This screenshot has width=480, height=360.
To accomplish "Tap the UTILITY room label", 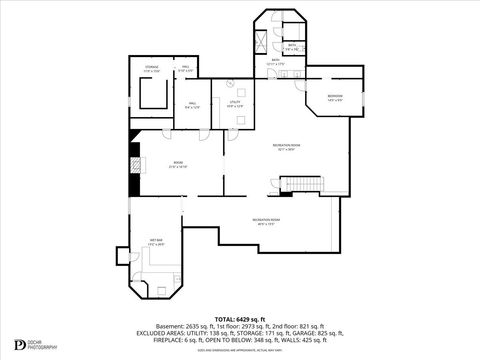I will [x=235, y=103].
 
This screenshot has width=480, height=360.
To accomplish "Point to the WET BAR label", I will [x=157, y=242].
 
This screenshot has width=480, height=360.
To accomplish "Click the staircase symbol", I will [x=301, y=185].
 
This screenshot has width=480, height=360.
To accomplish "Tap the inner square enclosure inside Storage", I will [x=153, y=95].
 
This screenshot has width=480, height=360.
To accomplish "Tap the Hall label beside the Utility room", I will [x=193, y=104].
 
